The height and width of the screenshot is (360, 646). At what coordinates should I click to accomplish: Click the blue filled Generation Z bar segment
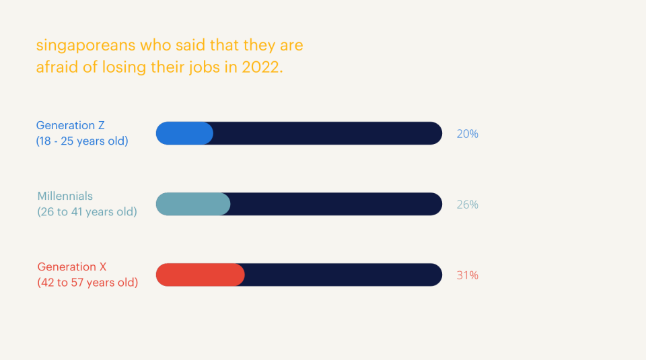(x=184, y=133)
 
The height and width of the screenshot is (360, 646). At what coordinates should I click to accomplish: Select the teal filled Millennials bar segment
(x=193, y=204)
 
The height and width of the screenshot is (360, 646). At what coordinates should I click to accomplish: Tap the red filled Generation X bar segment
(x=200, y=275)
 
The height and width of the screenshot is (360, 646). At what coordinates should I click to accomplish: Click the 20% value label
(x=467, y=134)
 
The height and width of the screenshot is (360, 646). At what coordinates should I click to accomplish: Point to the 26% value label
(x=467, y=205)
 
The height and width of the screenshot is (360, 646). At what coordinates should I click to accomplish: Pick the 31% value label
(x=467, y=275)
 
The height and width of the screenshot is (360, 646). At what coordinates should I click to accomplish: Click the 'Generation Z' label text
(x=71, y=126)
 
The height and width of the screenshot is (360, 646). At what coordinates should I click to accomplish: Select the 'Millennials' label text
(x=65, y=196)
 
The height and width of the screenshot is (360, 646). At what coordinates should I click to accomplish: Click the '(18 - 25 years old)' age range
(x=82, y=141)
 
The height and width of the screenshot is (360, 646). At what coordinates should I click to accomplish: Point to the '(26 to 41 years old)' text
(x=87, y=212)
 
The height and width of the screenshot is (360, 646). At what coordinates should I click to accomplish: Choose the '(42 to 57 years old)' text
(x=87, y=283)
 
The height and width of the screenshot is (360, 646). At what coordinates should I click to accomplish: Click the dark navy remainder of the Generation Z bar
(x=327, y=133)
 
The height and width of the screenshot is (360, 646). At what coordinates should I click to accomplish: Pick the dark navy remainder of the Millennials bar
(x=336, y=204)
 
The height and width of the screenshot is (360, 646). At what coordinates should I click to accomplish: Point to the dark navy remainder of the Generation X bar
(x=343, y=275)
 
